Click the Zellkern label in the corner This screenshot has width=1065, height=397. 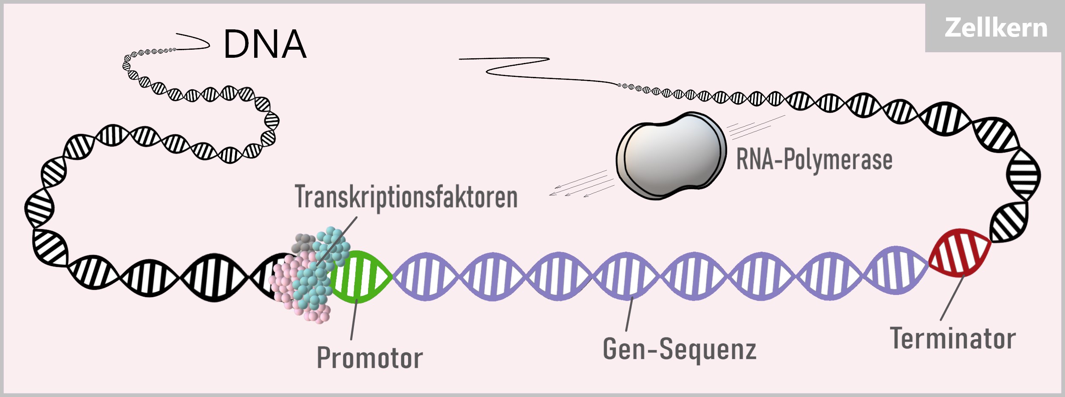tap(995, 28)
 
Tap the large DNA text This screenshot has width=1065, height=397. tap(265, 44)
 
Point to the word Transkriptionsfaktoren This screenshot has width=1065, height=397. tap(406, 197)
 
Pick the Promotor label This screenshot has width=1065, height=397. tap(370, 358)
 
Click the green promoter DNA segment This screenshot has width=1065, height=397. tap(360, 277)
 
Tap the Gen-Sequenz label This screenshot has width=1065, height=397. tap(680, 349)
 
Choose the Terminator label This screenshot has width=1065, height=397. tap(953, 339)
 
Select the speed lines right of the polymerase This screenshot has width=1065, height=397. tap(754, 126)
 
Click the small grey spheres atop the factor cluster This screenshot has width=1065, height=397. tap(303, 243)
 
